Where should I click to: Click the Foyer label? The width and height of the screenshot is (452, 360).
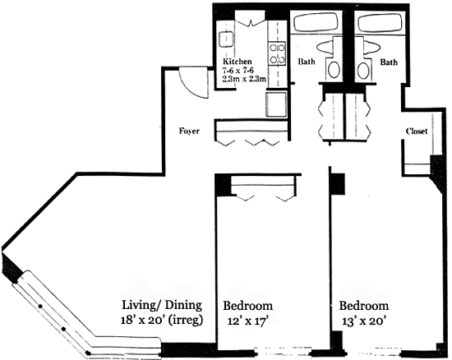(x=189, y=132)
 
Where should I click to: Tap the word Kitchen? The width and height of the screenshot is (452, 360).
(x=238, y=62)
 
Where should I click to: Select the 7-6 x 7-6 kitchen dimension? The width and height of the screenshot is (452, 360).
(x=238, y=70)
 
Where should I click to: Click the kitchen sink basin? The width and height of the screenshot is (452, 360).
(x=226, y=39)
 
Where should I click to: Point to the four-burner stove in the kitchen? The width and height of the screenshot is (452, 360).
(x=277, y=53)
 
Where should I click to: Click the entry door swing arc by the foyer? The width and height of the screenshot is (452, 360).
(x=189, y=86)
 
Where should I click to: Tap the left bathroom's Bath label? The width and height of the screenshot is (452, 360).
(x=307, y=62)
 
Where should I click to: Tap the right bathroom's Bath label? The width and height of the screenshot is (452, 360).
(x=389, y=62)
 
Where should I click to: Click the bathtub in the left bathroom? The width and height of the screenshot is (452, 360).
(x=316, y=22)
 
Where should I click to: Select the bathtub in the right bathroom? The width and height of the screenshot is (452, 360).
(x=380, y=22)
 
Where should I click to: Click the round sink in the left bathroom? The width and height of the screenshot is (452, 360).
(x=334, y=70)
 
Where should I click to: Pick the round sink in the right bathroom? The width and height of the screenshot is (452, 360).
(x=363, y=70)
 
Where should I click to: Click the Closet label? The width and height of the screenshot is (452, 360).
(x=417, y=132)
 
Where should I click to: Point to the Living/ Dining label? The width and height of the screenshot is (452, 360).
(x=162, y=305)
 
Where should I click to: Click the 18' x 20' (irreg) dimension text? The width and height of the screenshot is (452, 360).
(x=162, y=320)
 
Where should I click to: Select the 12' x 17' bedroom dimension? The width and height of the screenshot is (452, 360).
(x=248, y=321)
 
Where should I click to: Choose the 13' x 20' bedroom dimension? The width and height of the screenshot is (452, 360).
(x=364, y=321)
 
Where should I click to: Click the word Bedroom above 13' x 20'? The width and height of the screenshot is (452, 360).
(x=363, y=305)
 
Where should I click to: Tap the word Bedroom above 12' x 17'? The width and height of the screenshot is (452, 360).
(x=248, y=306)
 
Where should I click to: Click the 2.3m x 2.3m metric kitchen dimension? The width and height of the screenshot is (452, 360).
(x=244, y=79)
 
